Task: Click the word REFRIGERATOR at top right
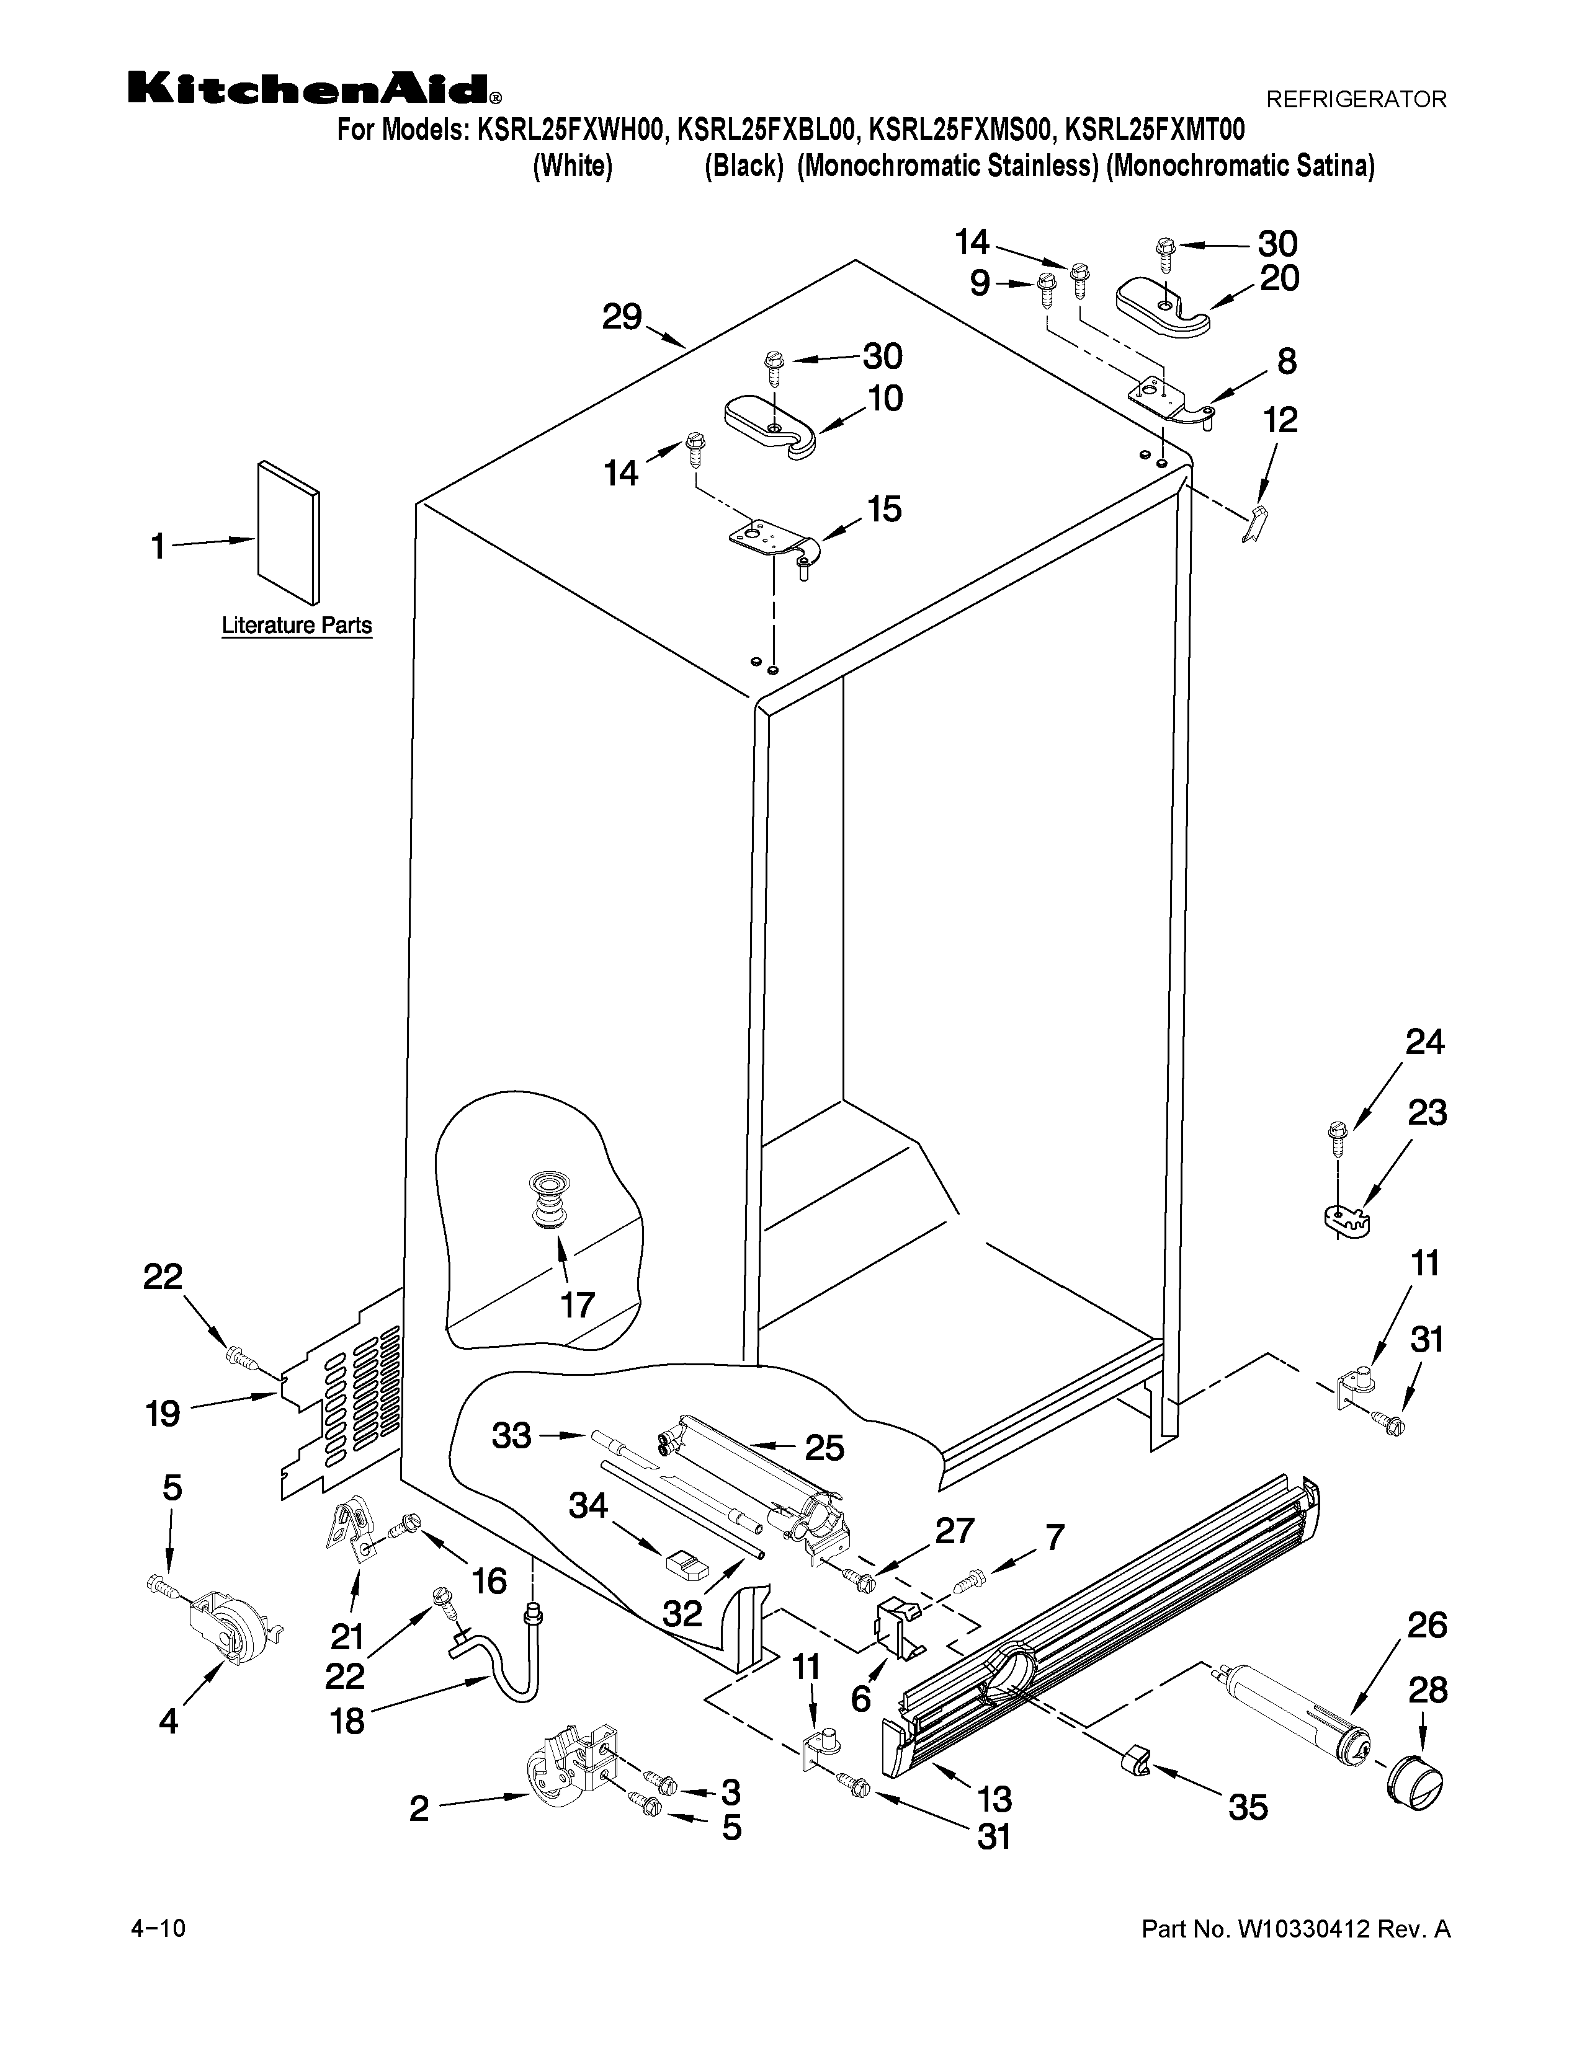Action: (1356, 99)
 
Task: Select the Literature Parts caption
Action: (296, 626)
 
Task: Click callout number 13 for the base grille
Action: (994, 1799)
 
